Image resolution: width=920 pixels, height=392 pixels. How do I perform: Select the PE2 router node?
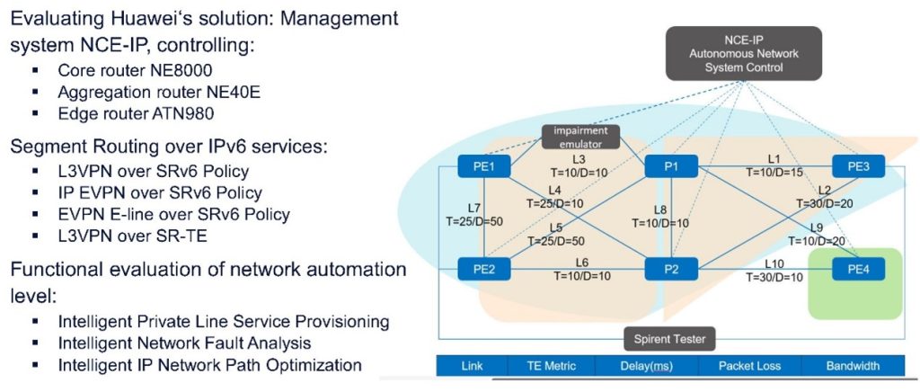[484, 268]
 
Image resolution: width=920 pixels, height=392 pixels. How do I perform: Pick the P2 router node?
[671, 268]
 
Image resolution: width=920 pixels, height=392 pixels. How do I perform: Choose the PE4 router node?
[858, 268]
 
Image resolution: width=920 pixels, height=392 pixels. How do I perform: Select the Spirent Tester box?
[669, 339]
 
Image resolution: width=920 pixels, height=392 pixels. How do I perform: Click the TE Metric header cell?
[545, 366]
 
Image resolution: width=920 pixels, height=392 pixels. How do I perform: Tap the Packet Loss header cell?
[750, 366]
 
